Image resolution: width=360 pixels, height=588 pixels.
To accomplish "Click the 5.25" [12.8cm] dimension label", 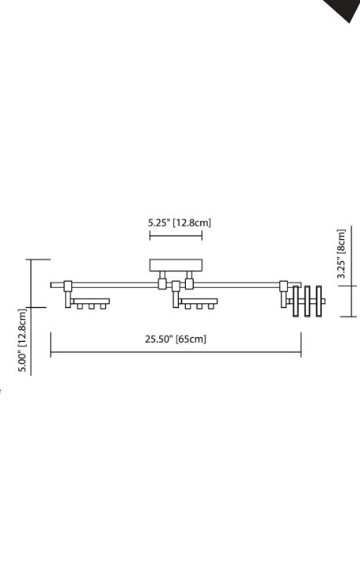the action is [x=180, y=223].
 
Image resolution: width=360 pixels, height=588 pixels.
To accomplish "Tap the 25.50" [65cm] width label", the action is [x=176, y=339].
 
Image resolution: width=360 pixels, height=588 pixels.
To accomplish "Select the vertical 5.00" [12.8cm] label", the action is [x=23, y=340].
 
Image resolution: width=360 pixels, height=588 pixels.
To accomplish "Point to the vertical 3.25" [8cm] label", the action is [x=341, y=253].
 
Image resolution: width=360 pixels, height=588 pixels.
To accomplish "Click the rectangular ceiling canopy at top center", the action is [x=176, y=265].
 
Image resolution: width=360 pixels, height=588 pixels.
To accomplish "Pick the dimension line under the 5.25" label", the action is [x=176, y=235].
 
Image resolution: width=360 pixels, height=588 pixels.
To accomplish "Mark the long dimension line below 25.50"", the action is [x=176, y=352].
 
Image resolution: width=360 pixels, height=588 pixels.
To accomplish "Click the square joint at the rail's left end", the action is [x=68, y=286].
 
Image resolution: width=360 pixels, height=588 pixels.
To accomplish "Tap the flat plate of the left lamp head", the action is [x=91, y=301].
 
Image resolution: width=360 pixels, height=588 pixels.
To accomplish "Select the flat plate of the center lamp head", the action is [x=198, y=301].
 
